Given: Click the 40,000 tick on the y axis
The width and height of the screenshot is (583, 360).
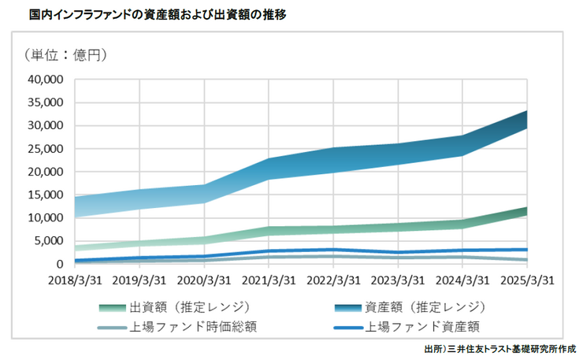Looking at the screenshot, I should pyautogui.click(x=46, y=80).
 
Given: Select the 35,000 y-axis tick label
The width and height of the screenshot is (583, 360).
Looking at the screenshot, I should pyautogui.click(x=46, y=102).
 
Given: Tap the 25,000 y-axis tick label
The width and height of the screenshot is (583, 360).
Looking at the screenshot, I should pyautogui.click(x=46, y=149).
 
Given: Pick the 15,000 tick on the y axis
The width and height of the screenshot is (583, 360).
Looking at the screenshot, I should pyautogui.click(x=46, y=195).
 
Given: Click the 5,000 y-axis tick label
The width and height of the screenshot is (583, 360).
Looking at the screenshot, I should pyautogui.click(x=49, y=241).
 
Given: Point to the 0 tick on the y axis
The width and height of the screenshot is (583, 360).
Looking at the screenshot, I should pyautogui.click(x=59, y=264).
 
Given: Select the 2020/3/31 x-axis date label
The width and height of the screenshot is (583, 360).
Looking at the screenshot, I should pyautogui.click(x=202, y=280).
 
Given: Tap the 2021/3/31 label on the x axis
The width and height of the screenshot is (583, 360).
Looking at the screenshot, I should pyautogui.click(x=267, y=280).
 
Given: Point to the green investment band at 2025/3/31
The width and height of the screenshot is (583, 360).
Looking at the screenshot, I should pyautogui.click(x=525, y=211).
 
